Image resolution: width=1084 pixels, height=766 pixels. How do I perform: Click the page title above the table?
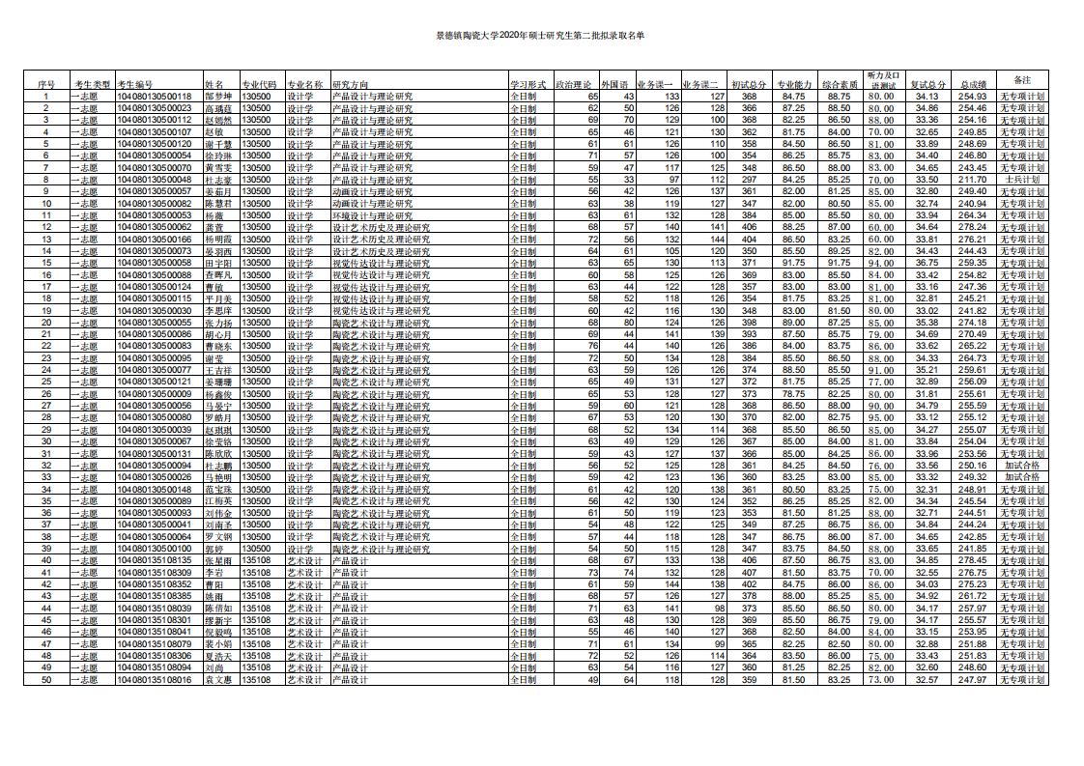(541, 36)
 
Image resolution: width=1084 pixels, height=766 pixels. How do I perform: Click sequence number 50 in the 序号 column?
(45, 680)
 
